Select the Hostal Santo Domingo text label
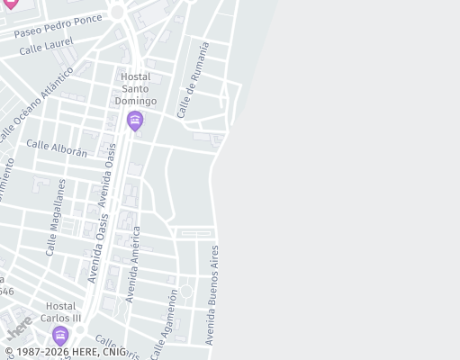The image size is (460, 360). point(139,89)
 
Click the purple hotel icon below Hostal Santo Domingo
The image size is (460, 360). point(135,121)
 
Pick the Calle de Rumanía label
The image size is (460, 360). point(193,79)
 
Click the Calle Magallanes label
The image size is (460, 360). point(55,217)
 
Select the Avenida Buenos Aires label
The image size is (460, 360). point(212,294)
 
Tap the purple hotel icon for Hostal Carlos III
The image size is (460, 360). point(60,337)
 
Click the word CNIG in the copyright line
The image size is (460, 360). point(113,353)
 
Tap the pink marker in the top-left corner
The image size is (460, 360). point(10,4)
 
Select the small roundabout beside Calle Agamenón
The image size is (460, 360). point(186,291)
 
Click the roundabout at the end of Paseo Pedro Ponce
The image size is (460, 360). point(118,12)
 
